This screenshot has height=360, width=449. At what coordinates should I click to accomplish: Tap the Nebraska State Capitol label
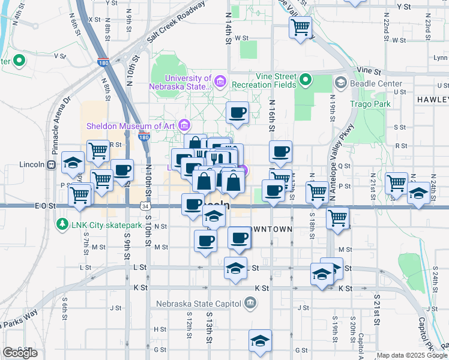(199, 304)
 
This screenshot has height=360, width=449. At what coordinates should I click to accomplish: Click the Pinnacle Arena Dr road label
(62, 124)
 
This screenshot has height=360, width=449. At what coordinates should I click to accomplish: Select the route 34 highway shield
(145, 206)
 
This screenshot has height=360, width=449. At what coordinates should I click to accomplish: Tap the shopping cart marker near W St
(300, 27)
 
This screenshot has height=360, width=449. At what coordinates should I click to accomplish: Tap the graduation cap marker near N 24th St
(418, 194)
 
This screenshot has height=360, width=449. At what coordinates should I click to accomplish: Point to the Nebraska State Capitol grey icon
(250, 304)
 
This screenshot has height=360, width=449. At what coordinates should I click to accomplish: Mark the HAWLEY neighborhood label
(432, 99)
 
